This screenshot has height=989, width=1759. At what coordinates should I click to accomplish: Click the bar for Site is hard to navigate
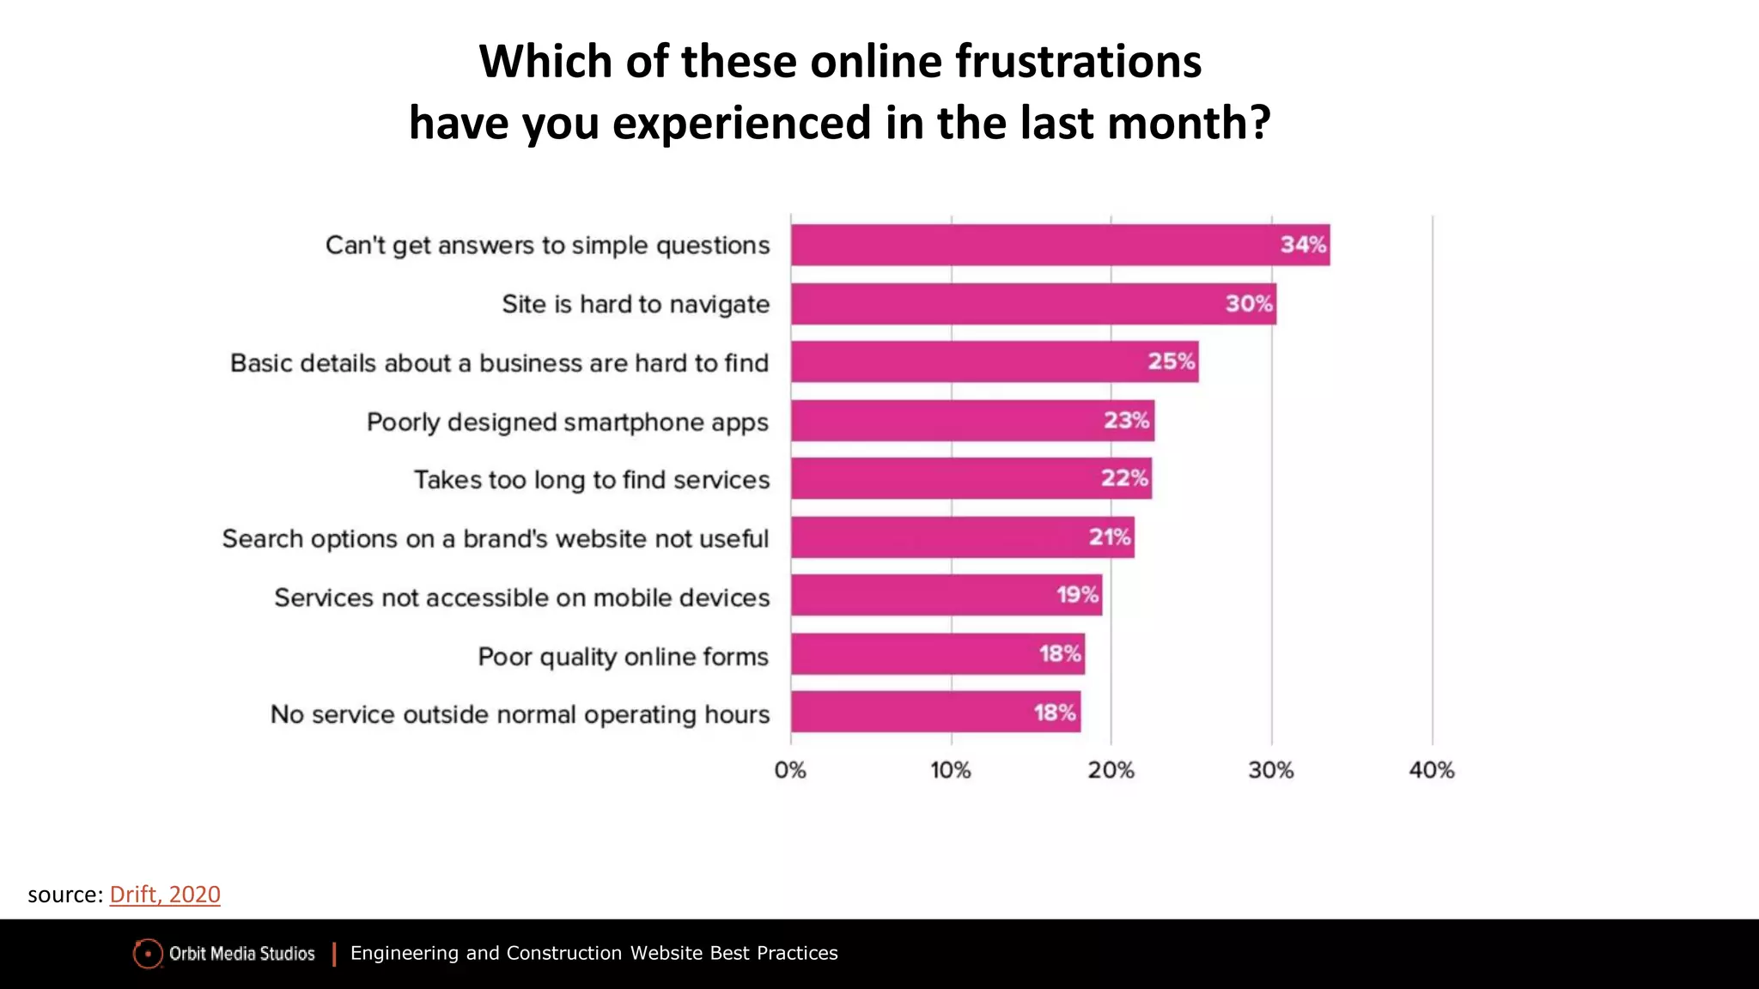click(x=1033, y=304)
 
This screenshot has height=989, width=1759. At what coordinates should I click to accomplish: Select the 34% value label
click(x=1303, y=245)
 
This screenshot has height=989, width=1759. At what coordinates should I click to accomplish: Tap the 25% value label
click(x=1172, y=361)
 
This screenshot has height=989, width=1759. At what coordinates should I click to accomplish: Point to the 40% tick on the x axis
click(x=1432, y=770)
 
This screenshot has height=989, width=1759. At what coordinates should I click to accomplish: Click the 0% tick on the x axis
click(x=790, y=770)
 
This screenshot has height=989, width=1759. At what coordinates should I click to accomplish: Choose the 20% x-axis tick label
click(x=1111, y=770)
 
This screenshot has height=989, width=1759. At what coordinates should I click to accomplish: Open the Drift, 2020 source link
click(x=165, y=895)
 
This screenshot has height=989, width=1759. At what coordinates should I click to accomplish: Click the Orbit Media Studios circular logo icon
click(x=148, y=953)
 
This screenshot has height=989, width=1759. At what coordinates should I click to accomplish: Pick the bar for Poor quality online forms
click(x=938, y=654)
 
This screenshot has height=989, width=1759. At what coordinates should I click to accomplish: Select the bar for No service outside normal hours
click(x=935, y=712)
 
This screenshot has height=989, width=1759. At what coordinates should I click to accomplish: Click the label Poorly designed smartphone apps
click(x=568, y=422)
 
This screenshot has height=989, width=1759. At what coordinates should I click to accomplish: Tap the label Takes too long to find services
click(x=592, y=480)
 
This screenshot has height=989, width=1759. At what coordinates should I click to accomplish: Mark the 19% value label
click(x=1077, y=595)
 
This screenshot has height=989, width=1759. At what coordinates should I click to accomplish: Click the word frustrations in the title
click(x=1078, y=62)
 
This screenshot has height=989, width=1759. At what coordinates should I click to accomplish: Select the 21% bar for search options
click(x=962, y=537)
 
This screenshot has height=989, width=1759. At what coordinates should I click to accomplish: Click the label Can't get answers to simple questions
click(x=547, y=246)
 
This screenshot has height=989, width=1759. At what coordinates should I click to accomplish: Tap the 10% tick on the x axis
click(x=951, y=770)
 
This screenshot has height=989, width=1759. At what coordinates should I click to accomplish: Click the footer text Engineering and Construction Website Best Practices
click(x=593, y=953)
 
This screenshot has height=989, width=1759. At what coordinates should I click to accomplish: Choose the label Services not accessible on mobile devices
click(x=522, y=598)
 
